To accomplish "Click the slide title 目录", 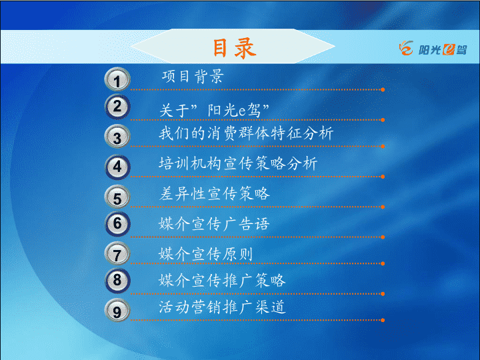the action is pyautogui.click(x=234, y=48).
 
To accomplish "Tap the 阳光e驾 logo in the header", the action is pyautogui.click(x=433, y=49).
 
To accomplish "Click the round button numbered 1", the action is pyautogui.click(x=117, y=79).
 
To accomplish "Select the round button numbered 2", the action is pyautogui.click(x=117, y=107).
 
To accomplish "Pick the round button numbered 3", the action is pyautogui.click(x=117, y=137).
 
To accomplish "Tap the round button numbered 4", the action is pyautogui.click(x=117, y=167).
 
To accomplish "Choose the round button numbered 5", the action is pyautogui.click(x=117, y=197).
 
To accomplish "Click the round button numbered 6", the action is pyautogui.click(x=117, y=224).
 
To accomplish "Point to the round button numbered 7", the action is pyautogui.click(x=117, y=254).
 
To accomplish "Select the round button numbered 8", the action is pyautogui.click(x=117, y=281).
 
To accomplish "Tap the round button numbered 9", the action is pyautogui.click(x=117, y=311).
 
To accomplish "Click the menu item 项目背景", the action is pyautogui.click(x=193, y=76).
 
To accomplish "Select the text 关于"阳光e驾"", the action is pyautogui.click(x=214, y=110).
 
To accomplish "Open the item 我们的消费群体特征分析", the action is pyautogui.click(x=246, y=133).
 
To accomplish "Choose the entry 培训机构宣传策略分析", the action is pyautogui.click(x=238, y=163).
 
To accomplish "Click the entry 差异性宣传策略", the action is pyautogui.click(x=214, y=193).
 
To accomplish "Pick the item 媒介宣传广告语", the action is pyautogui.click(x=214, y=224).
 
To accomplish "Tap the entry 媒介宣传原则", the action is pyautogui.click(x=206, y=254).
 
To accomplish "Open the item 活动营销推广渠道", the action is pyautogui.click(x=222, y=307).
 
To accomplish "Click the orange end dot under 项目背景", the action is pyautogui.click(x=383, y=90).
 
